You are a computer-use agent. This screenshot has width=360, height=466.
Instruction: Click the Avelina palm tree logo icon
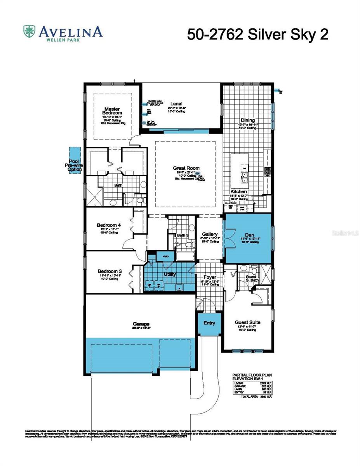tap(30, 31)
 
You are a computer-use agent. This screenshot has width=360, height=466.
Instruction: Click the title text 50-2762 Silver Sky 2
tap(258, 34)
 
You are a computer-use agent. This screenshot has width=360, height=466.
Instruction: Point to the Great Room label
tap(186, 168)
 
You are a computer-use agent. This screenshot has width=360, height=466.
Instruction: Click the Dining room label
tap(247, 120)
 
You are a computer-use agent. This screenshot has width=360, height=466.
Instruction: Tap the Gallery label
tap(209, 235)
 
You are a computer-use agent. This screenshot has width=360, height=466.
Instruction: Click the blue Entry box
tap(209, 323)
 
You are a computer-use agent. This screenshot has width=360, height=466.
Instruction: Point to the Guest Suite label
tap(247, 322)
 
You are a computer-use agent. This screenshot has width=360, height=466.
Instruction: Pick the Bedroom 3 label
tap(108, 271)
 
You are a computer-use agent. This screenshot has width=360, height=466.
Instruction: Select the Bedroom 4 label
tap(108, 225)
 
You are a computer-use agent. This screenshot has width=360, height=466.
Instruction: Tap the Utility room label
tap(170, 274)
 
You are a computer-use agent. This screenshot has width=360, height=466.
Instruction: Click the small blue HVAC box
tap(165, 257)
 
